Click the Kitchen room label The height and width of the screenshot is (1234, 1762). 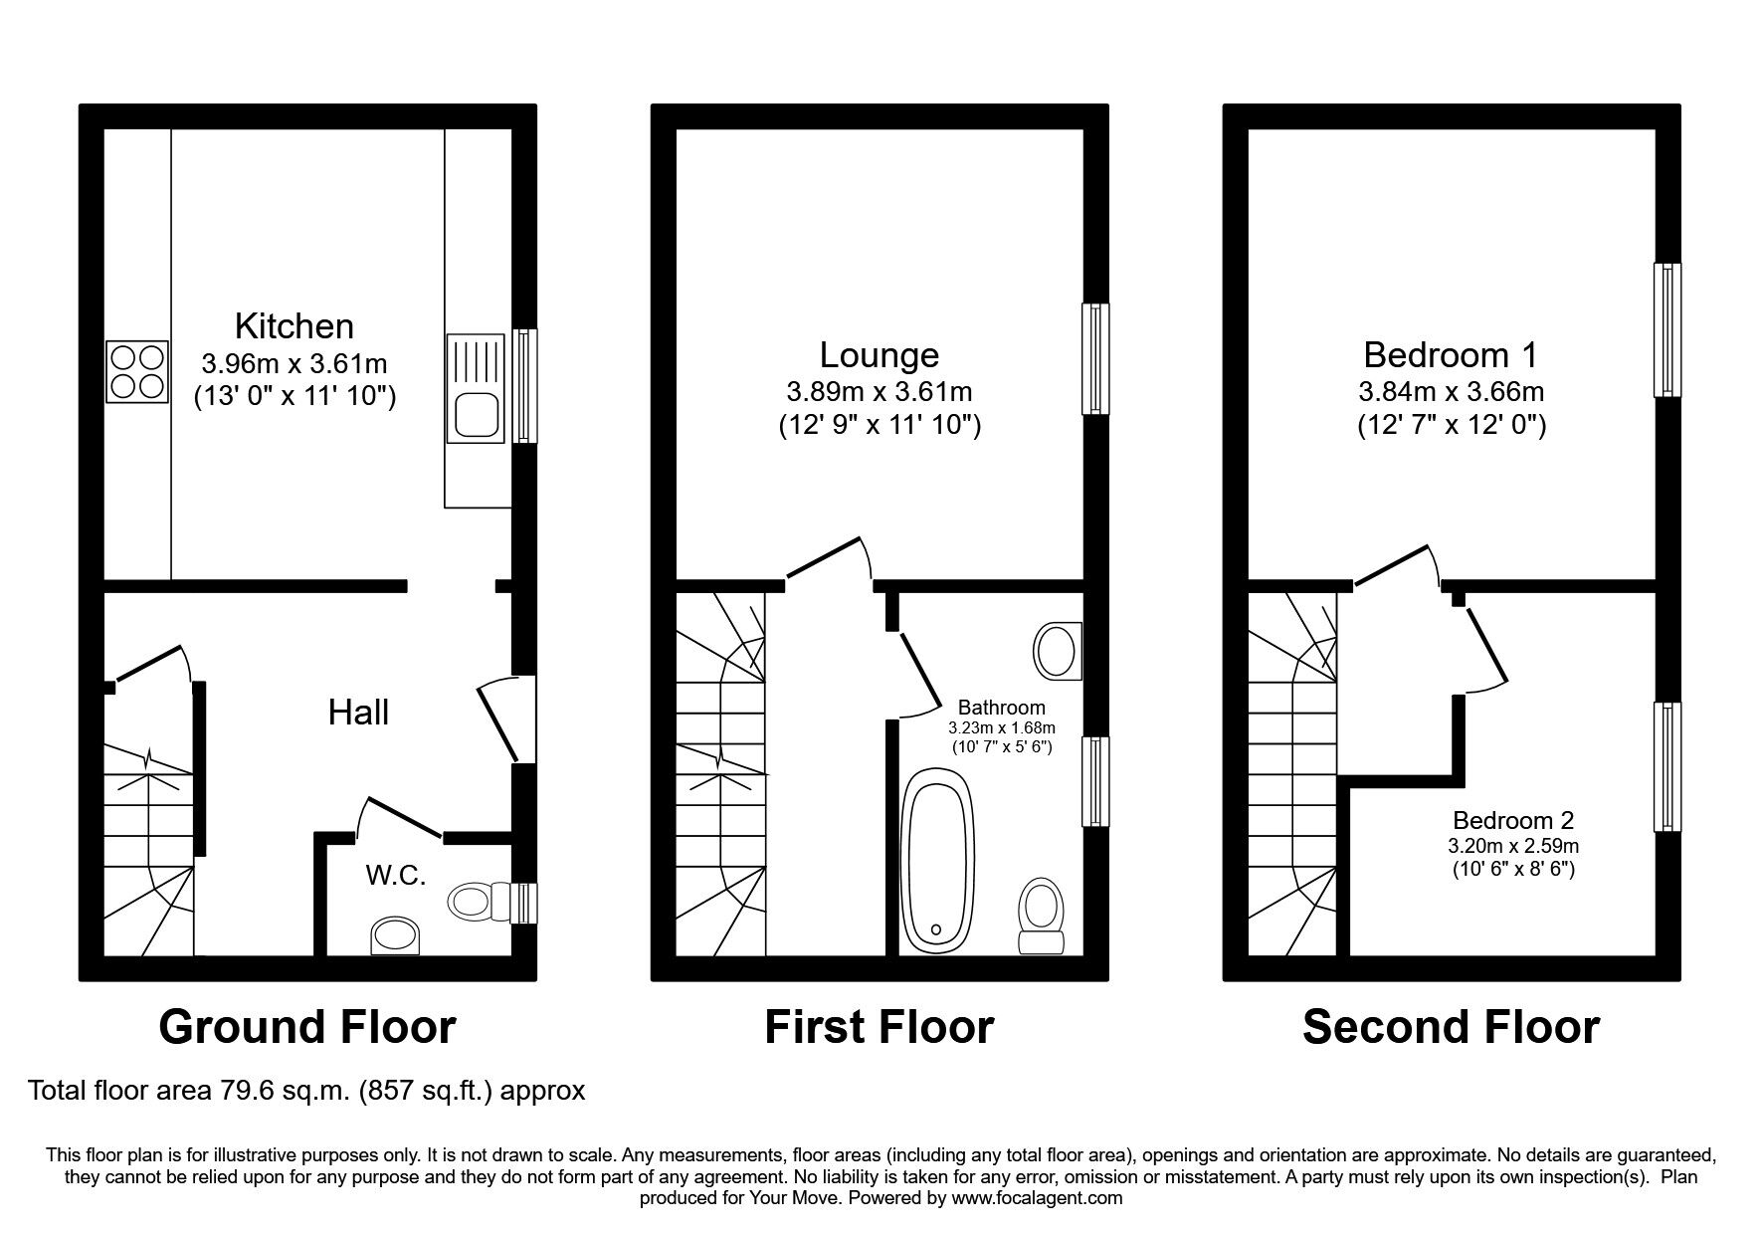click(294, 326)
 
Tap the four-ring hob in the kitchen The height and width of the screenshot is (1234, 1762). click(136, 371)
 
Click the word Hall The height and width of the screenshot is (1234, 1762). click(358, 713)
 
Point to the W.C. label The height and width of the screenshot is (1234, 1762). click(395, 876)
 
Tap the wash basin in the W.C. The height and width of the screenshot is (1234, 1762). click(397, 935)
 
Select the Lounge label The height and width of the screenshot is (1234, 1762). click(879, 355)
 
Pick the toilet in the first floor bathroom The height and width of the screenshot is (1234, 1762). click(1041, 916)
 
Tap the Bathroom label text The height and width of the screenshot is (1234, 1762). click(1001, 708)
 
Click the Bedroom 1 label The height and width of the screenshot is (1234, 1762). click(1451, 355)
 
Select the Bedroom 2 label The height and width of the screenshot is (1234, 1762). click(1512, 821)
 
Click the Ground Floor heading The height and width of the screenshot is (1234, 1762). click(307, 1027)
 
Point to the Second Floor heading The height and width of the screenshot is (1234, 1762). click(1451, 1027)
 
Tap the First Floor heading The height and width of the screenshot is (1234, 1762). click(879, 1027)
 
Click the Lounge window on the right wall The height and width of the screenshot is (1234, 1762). click(1095, 358)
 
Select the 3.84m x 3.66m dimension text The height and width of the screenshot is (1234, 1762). click(1451, 391)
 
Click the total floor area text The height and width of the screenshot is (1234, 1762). click(306, 1092)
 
